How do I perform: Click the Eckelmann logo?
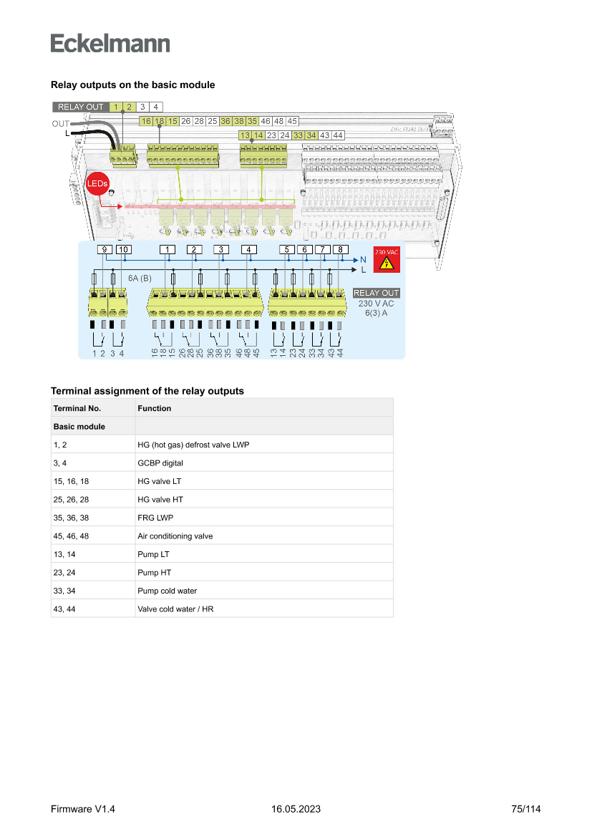(110, 44)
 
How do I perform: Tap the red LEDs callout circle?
(97, 184)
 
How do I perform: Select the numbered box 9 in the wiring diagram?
(105, 249)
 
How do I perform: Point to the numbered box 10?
(123, 249)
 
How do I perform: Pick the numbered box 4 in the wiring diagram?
(248, 249)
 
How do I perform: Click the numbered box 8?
(341, 249)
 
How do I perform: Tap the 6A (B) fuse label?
(140, 277)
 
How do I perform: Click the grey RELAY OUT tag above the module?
(80, 107)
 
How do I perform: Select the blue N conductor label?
(363, 259)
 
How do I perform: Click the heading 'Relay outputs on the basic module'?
(132, 84)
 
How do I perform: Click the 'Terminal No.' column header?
(77, 408)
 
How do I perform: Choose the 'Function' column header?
(155, 408)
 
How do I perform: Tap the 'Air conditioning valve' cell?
(175, 536)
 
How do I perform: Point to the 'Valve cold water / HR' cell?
(175, 609)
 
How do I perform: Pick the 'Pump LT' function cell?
(154, 554)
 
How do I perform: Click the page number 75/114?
(526, 809)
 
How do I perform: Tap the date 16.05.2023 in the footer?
(296, 809)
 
